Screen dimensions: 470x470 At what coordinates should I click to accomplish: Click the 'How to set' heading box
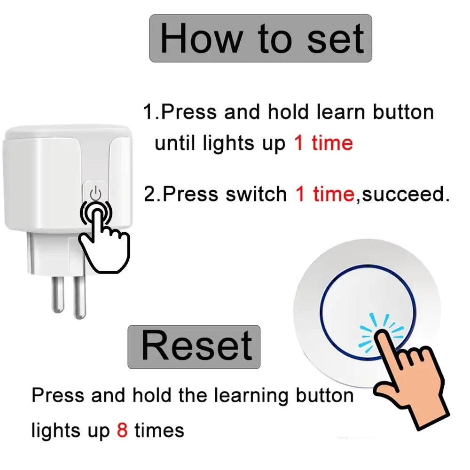pyautogui.click(x=260, y=39)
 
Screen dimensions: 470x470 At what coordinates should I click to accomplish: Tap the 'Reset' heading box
pyautogui.click(x=194, y=347)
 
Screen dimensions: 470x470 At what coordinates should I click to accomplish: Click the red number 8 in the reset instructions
pyautogui.click(x=122, y=430)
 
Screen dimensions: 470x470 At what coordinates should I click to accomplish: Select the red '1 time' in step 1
pyautogui.click(x=323, y=143)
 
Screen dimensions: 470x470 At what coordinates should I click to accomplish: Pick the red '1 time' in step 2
pyautogui.click(x=325, y=194)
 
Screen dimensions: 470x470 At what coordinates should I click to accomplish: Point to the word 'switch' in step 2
pyautogui.click(x=256, y=194)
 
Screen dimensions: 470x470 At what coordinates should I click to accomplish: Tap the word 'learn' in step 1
pyautogui.click(x=341, y=112)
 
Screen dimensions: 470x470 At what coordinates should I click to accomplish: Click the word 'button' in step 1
pyautogui.click(x=403, y=112)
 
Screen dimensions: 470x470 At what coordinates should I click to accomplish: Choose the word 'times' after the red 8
pyautogui.click(x=159, y=430)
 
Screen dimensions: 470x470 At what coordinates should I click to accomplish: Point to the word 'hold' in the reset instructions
pyautogui.click(x=152, y=395)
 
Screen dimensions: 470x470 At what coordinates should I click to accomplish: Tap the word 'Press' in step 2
pyautogui.click(x=190, y=194)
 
